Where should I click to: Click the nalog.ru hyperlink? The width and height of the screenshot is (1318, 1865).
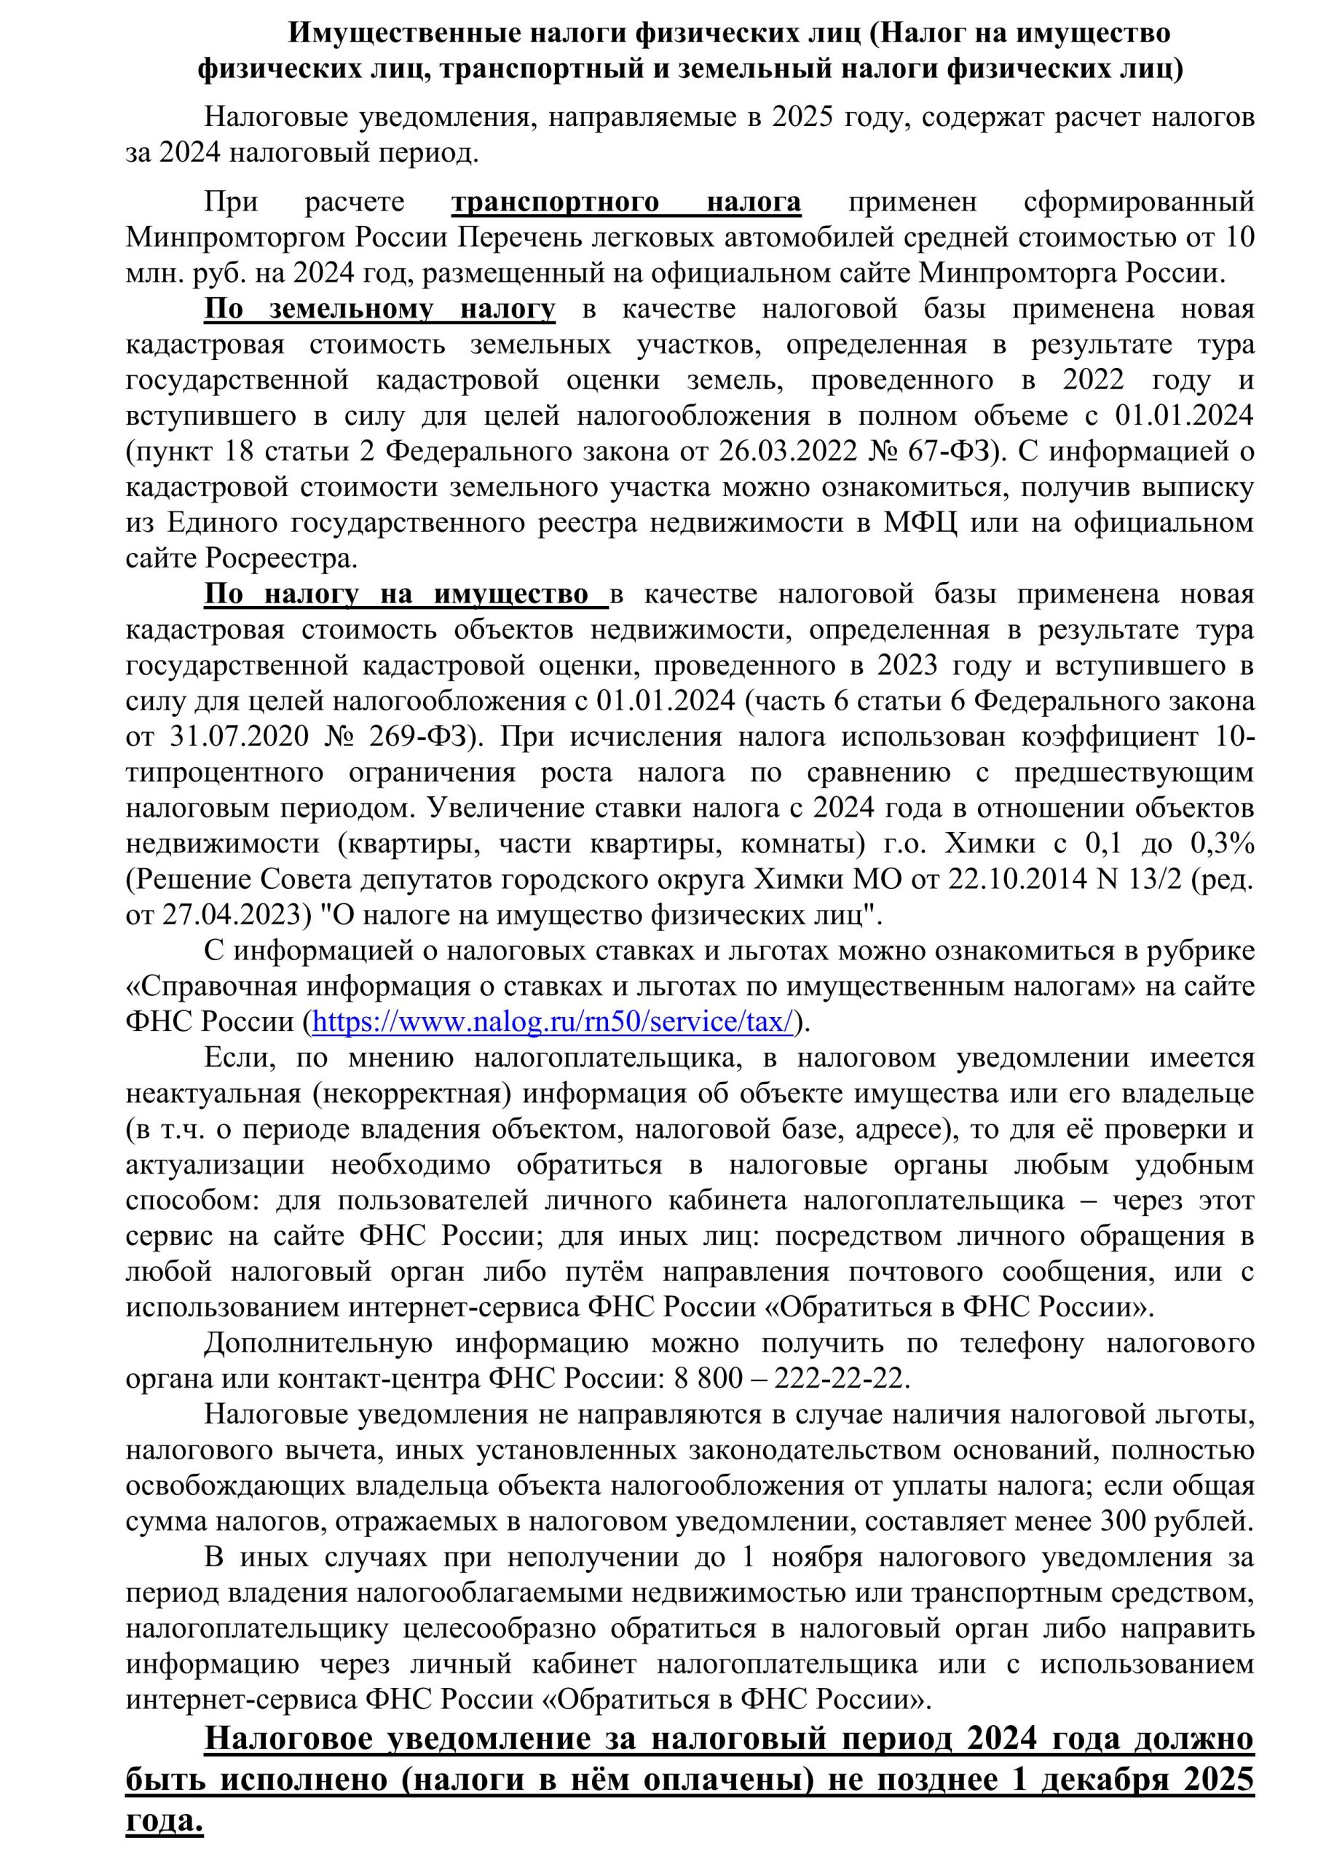coord(552,1022)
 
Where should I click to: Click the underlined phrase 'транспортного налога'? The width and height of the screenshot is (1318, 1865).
coord(626,202)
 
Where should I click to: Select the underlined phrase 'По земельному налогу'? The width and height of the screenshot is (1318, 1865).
coord(380,309)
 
